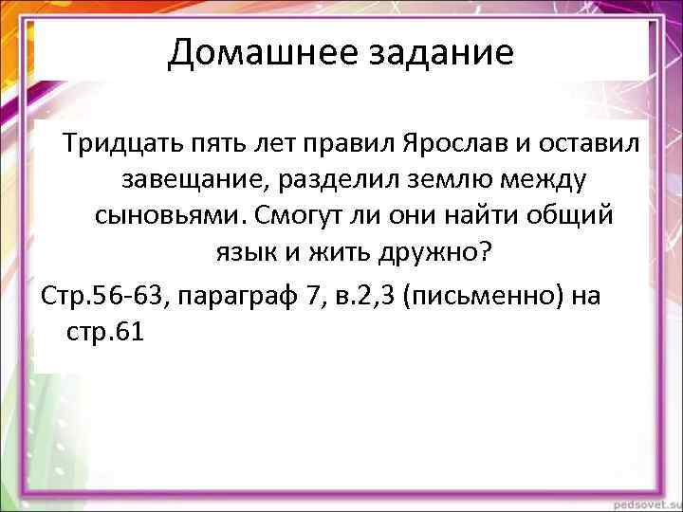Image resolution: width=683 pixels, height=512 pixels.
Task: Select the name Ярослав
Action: point(435,145)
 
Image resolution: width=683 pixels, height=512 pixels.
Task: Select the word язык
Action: point(237,250)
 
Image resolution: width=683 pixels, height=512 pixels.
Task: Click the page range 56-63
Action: point(130,295)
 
